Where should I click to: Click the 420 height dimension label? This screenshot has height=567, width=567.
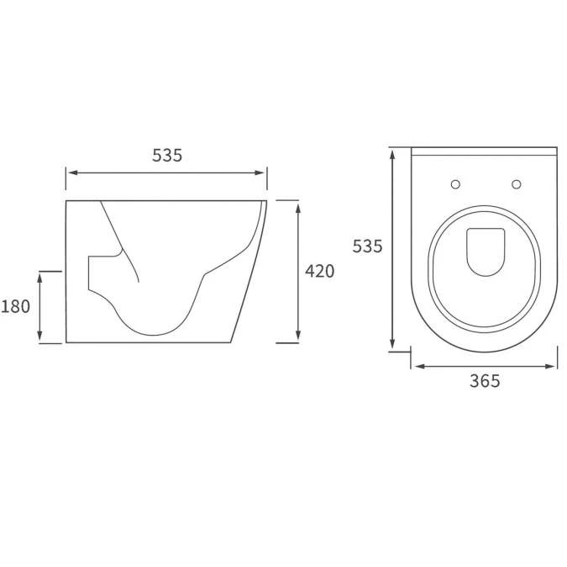point(319,271)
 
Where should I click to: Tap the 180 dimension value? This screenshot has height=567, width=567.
point(15,306)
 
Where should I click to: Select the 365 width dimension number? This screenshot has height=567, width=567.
point(485,381)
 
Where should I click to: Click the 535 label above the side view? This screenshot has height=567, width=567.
point(167,155)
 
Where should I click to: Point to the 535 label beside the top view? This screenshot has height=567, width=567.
point(367,246)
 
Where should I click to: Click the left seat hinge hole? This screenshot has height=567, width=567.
point(455,183)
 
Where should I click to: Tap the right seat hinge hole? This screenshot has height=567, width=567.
point(516,183)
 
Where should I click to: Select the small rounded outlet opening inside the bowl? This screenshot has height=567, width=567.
point(484,251)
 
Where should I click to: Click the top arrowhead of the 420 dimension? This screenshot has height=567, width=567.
point(299,204)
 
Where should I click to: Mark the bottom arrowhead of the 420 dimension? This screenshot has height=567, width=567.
point(299,338)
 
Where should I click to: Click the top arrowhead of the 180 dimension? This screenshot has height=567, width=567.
point(39,275)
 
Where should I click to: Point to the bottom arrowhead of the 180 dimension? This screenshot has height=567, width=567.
point(39,338)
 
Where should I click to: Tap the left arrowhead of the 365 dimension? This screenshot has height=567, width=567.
point(417,366)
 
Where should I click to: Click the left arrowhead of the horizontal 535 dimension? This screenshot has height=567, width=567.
point(71,172)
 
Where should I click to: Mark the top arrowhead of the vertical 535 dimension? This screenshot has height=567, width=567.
point(392,152)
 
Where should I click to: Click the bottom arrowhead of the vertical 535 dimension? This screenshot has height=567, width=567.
point(392,346)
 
